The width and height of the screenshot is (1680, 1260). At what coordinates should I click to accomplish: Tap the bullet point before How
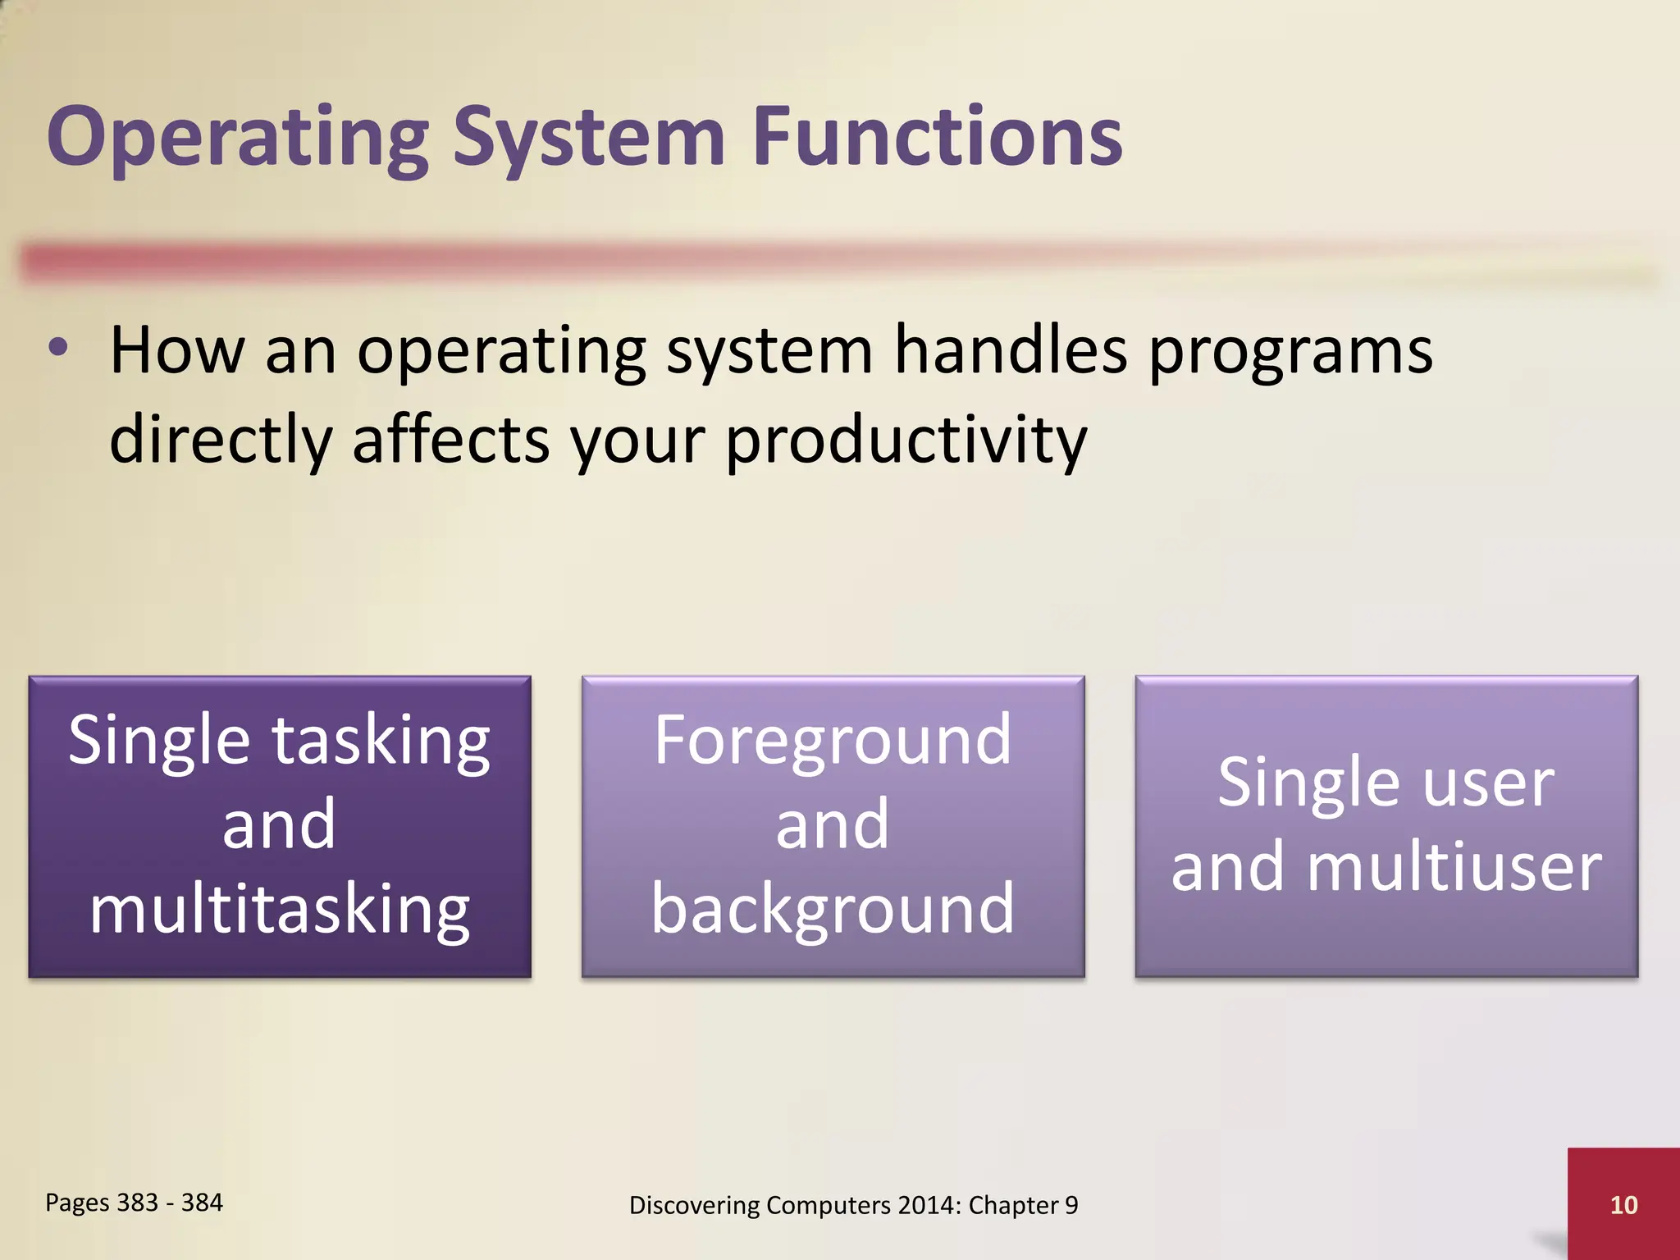coord(58,348)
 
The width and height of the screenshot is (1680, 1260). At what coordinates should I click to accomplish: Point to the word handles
coord(1011,351)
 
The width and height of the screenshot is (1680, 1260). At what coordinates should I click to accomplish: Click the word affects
coord(450,440)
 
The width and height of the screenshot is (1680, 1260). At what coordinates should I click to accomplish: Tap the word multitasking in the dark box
coord(280,911)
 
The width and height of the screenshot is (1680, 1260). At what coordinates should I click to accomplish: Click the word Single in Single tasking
coord(158,742)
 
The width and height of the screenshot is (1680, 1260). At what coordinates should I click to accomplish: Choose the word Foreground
coord(833,742)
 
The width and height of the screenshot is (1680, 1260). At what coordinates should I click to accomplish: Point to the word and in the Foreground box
coord(833,824)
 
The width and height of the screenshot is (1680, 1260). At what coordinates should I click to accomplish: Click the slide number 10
coord(1623,1205)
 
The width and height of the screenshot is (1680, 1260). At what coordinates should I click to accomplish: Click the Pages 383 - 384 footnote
coord(134,1203)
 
